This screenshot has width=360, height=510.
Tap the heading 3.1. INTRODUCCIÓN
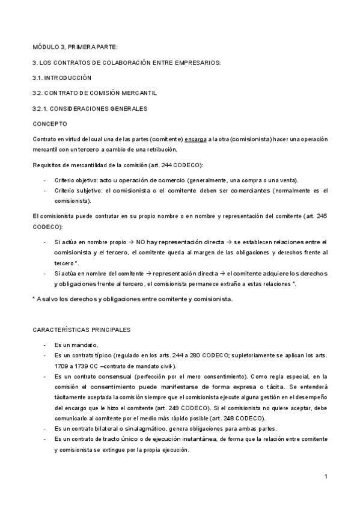tap(62, 78)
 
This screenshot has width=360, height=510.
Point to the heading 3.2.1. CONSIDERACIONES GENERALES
tap(90, 108)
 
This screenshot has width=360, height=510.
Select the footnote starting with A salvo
tap(132, 299)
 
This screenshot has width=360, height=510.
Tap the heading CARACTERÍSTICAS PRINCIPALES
tap(79, 330)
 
